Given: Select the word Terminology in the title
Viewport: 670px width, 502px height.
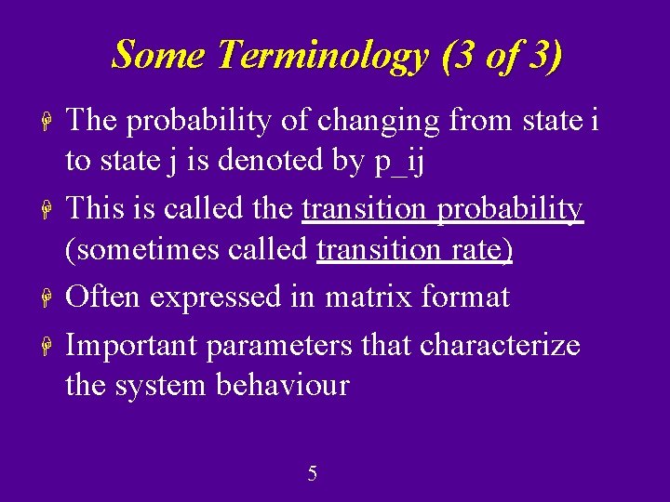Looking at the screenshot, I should tap(322, 56).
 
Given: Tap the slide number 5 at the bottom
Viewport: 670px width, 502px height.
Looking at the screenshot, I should tap(312, 474).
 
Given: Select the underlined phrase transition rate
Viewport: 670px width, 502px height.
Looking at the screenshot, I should tap(415, 250).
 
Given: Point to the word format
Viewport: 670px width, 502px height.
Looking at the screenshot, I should tap(466, 297).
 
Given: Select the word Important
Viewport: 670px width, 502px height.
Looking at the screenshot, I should tap(133, 345).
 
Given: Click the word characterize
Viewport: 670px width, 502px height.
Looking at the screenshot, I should tap(500, 345).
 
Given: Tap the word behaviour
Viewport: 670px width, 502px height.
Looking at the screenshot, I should tap(282, 384).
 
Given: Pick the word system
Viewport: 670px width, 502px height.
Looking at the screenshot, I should tap(162, 386).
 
